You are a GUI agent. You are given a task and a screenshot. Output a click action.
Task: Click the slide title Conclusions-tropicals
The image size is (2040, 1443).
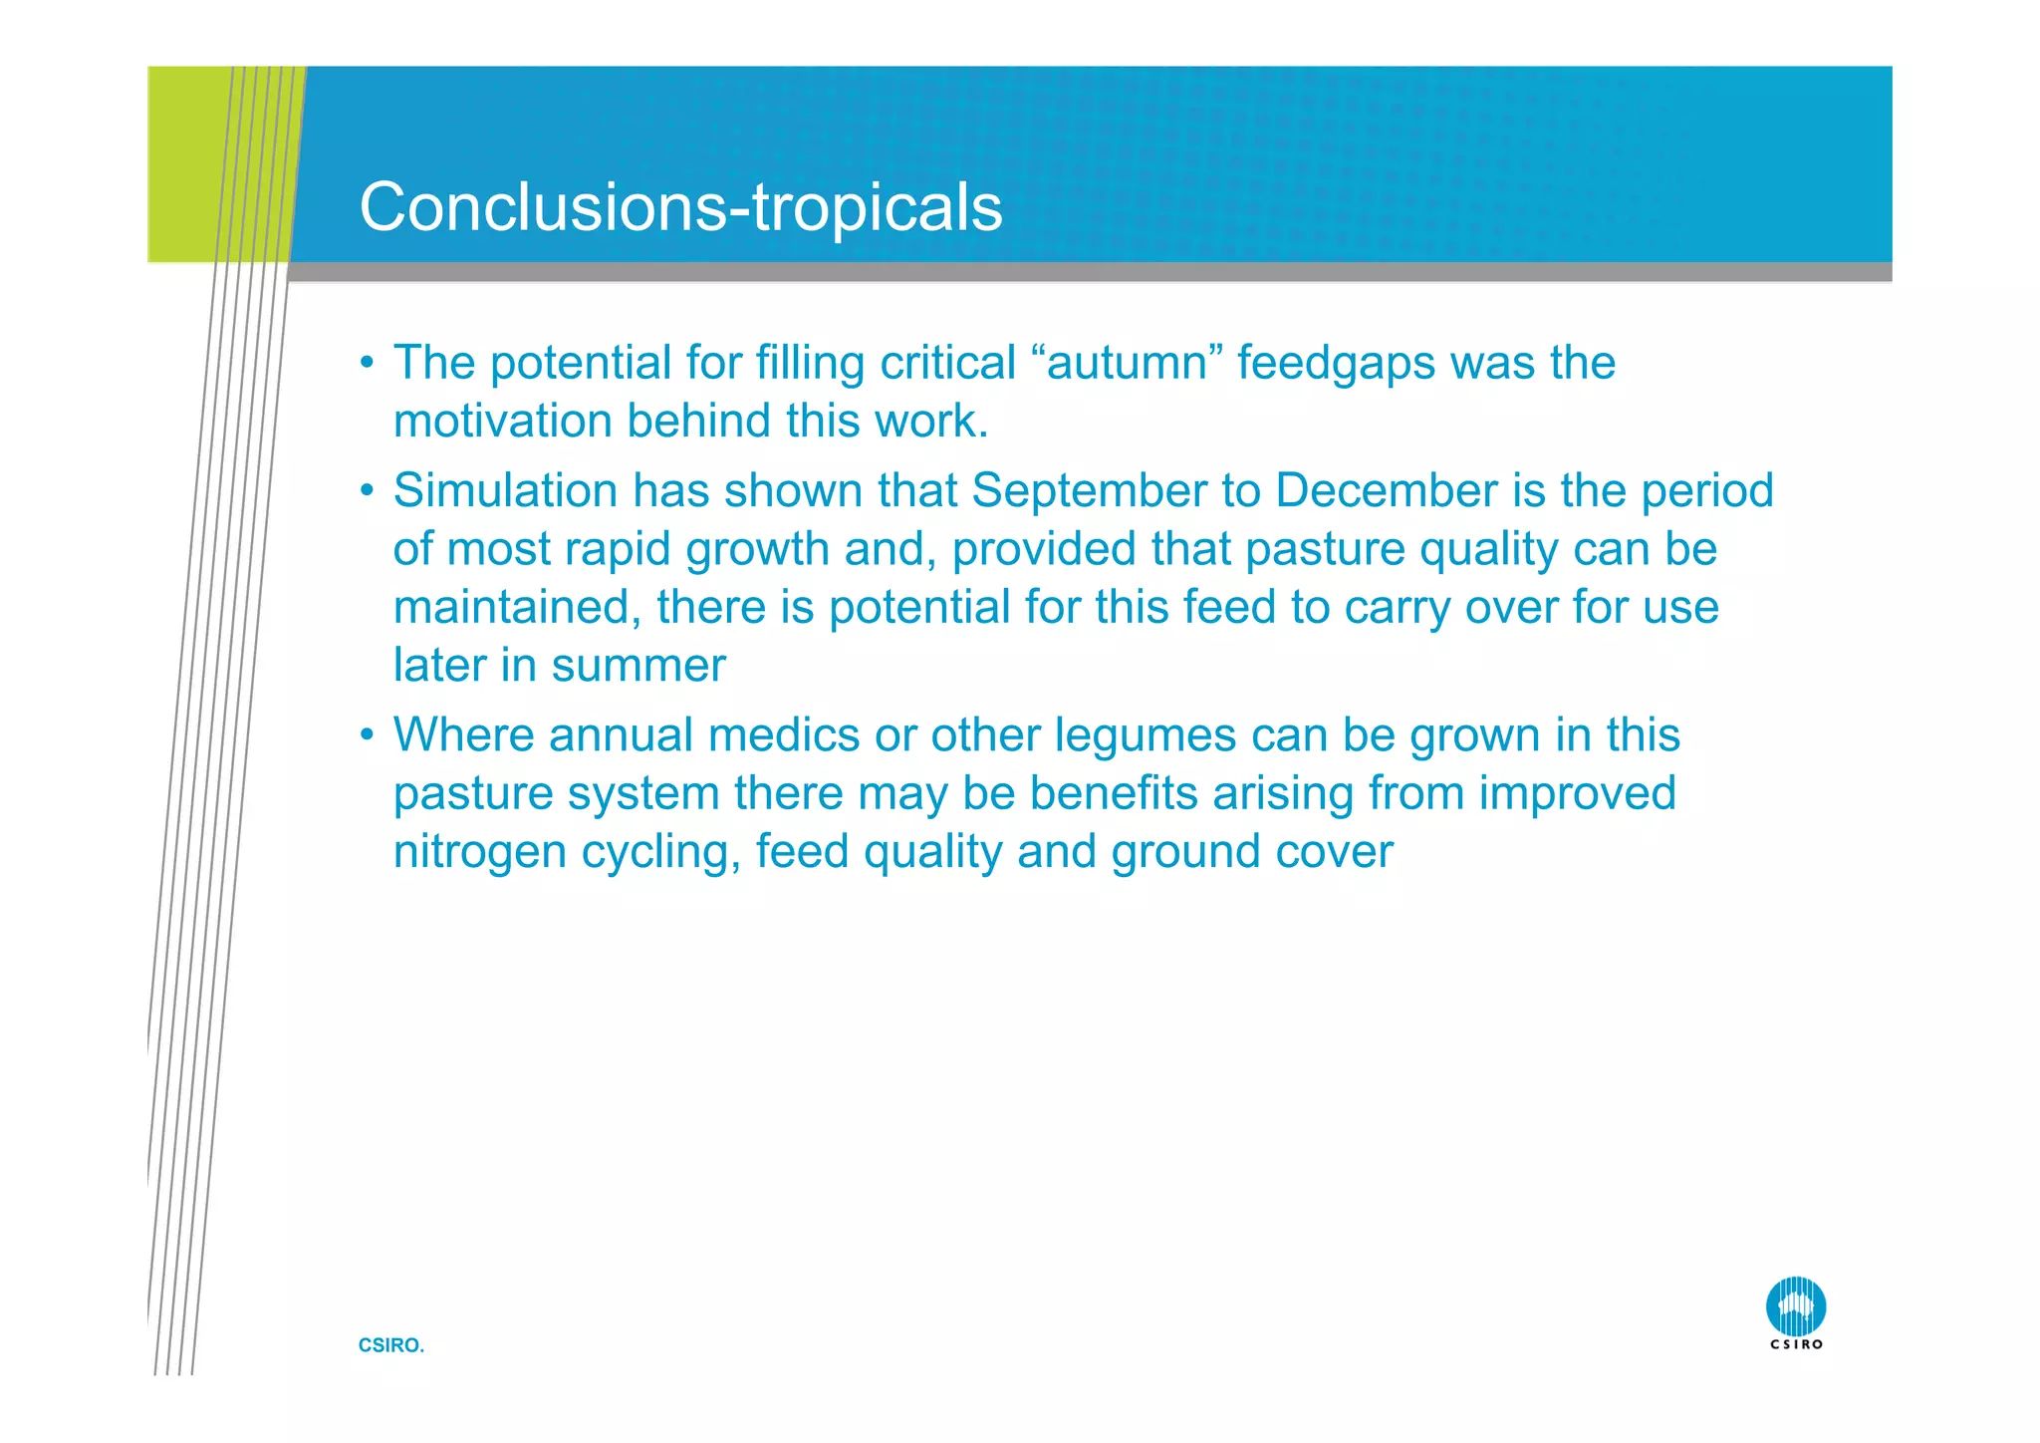click(x=680, y=207)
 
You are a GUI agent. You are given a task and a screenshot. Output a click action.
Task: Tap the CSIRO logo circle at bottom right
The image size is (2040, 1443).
click(x=1795, y=1306)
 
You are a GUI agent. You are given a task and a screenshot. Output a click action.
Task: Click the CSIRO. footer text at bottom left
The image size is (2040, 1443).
click(x=390, y=1345)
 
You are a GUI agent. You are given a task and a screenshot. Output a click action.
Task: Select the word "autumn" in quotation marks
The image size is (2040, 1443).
click(x=1127, y=363)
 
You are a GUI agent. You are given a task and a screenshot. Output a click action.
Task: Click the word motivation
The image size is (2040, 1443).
click(x=502, y=421)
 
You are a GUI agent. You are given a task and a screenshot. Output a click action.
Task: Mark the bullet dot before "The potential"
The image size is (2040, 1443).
click(x=367, y=364)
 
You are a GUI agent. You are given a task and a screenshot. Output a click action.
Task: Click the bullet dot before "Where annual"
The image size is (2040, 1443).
click(x=367, y=736)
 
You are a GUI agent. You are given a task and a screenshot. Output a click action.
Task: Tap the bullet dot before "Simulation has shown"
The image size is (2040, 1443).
click(x=367, y=491)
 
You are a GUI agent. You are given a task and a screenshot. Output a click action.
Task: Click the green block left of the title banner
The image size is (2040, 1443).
click(x=183, y=164)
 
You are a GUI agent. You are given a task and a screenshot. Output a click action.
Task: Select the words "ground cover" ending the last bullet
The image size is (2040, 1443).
click(x=1251, y=853)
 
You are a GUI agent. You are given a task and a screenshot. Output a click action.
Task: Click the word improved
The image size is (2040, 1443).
click(x=1577, y=794)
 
